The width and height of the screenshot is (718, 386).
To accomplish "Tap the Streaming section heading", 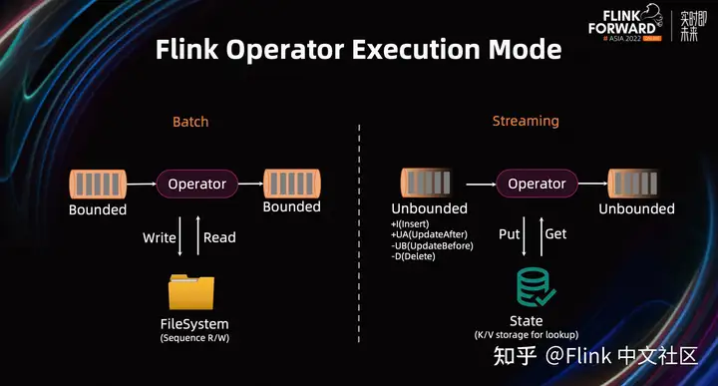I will coord(526,121).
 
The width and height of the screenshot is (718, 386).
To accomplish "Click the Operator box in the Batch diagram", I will coord(196,184).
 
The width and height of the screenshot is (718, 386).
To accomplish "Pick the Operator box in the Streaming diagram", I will coord(537,184).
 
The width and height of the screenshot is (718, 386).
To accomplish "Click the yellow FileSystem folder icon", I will coord(192,292).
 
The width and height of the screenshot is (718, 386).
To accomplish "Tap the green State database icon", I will coord(536,289).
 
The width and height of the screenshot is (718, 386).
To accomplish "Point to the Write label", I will coord(160,237).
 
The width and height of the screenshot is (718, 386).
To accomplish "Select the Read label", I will coord(219,237).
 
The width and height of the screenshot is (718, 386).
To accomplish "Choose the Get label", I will coord(555,233).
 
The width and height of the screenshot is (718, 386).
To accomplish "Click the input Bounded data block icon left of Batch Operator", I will coord(98,185).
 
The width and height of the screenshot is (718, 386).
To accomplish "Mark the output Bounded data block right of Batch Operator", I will coord(291,184).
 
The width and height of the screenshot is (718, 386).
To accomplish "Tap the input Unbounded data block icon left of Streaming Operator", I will coord(430,184).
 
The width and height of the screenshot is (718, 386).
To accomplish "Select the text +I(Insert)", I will coord(414,224).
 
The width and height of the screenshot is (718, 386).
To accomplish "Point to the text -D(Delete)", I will coord(415,256).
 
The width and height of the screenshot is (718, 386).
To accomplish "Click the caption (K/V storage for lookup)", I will coord(526,334).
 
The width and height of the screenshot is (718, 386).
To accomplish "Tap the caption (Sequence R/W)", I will coord(194,338).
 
